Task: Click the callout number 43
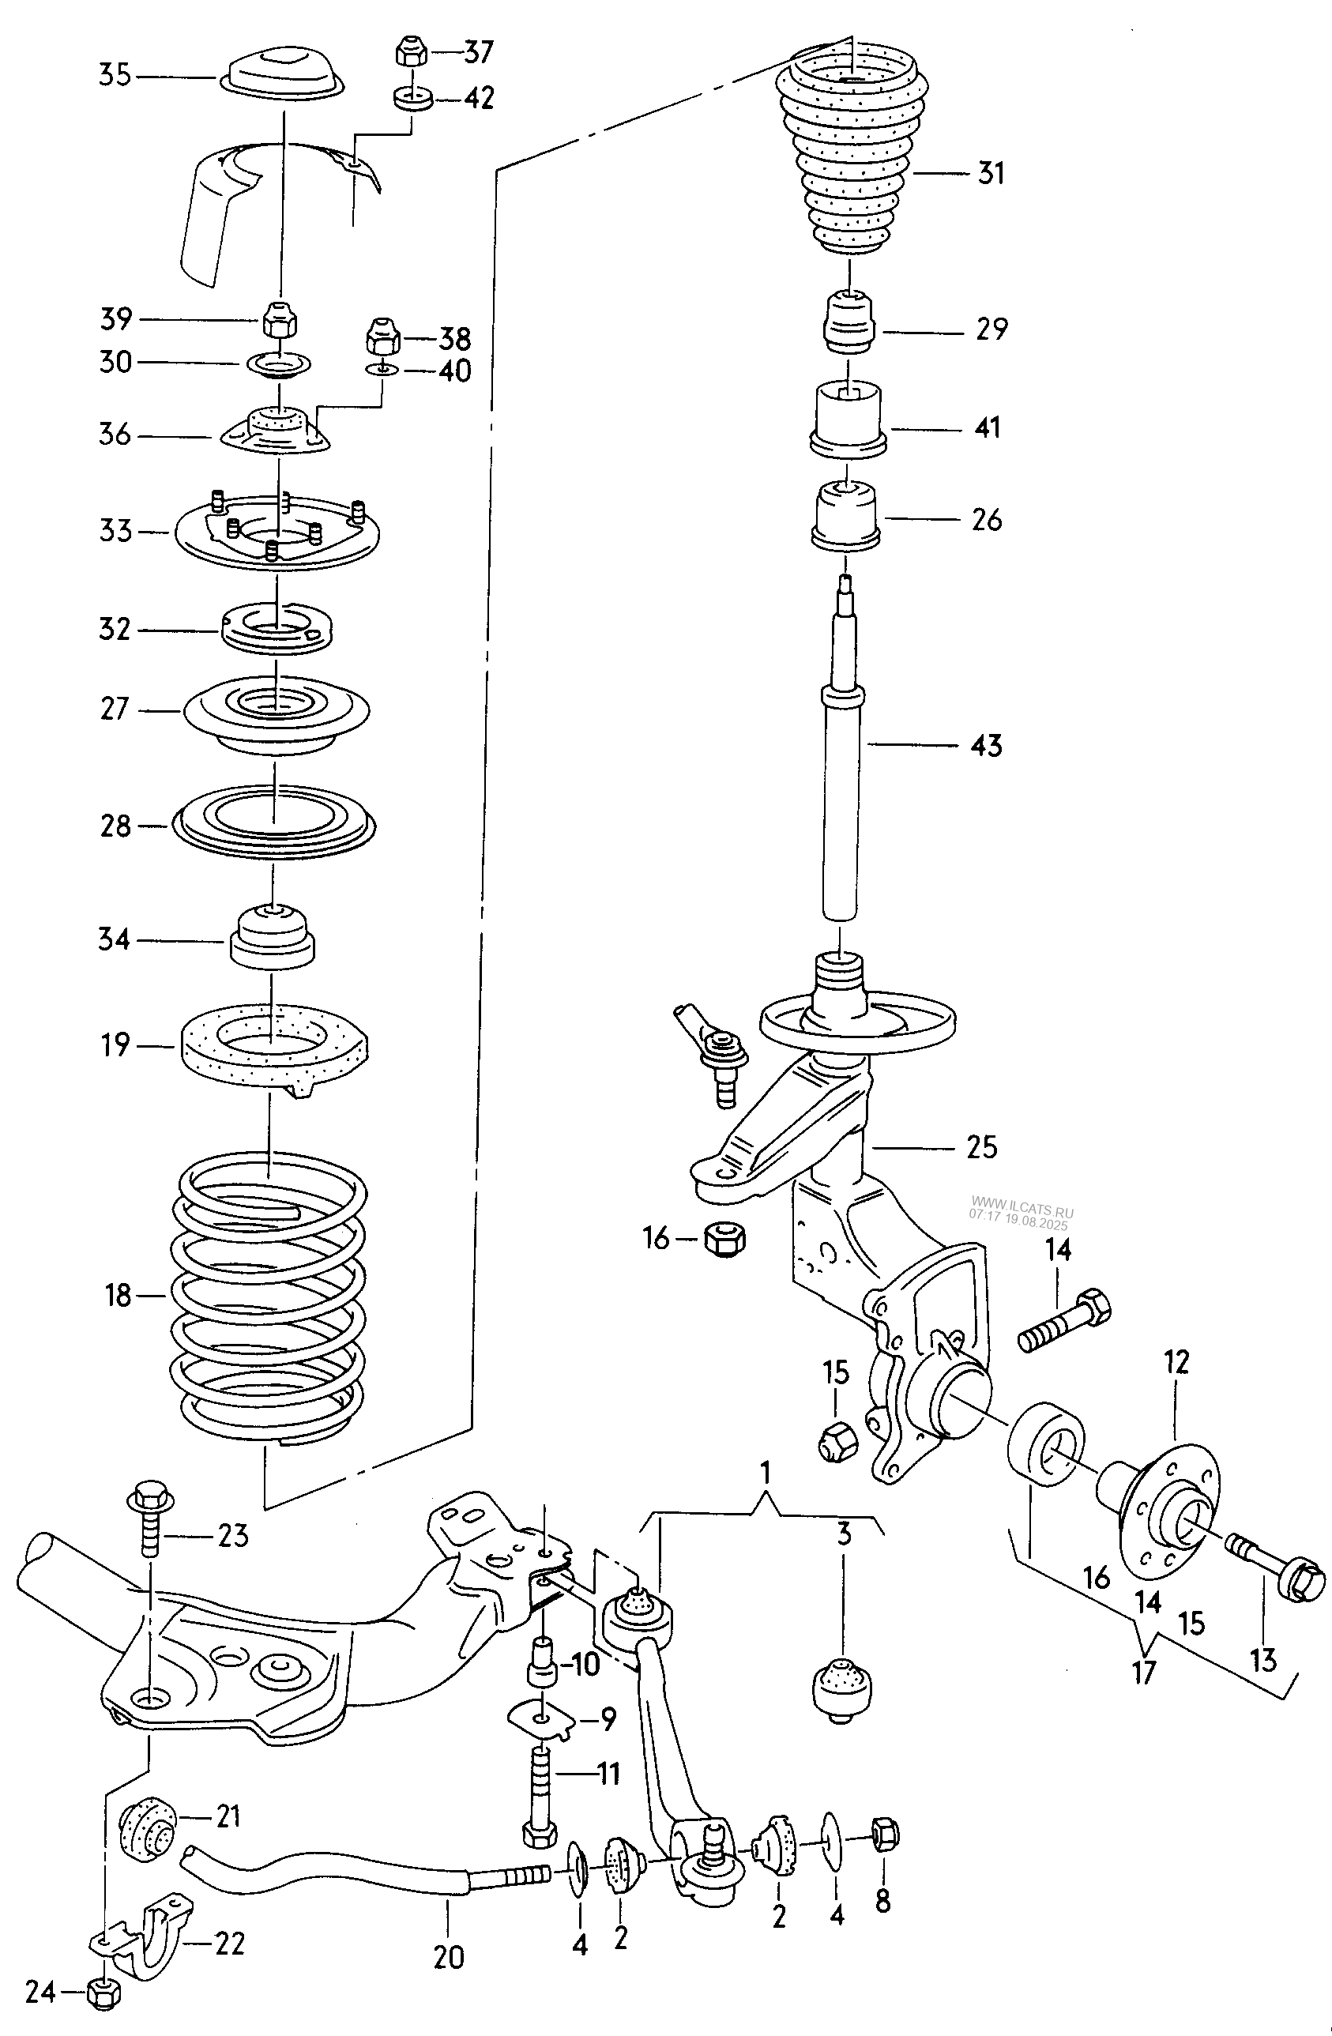pyautogui.click(x=987, y=745)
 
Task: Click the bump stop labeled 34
pyautogui.click(x=271, y=938)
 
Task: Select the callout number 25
pyautogui.click(x=981, y=1146)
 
